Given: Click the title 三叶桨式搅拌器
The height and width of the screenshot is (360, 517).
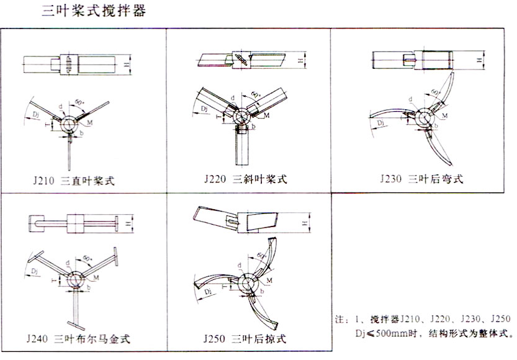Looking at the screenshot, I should coord(93,11).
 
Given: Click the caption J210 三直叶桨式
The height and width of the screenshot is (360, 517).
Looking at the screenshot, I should coord(76,181).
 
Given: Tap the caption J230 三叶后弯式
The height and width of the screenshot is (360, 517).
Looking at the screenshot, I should coord(421,180).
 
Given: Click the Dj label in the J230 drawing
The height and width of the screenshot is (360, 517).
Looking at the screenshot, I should coord(381,125).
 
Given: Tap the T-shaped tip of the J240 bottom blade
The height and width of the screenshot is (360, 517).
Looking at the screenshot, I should coord(78,325).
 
